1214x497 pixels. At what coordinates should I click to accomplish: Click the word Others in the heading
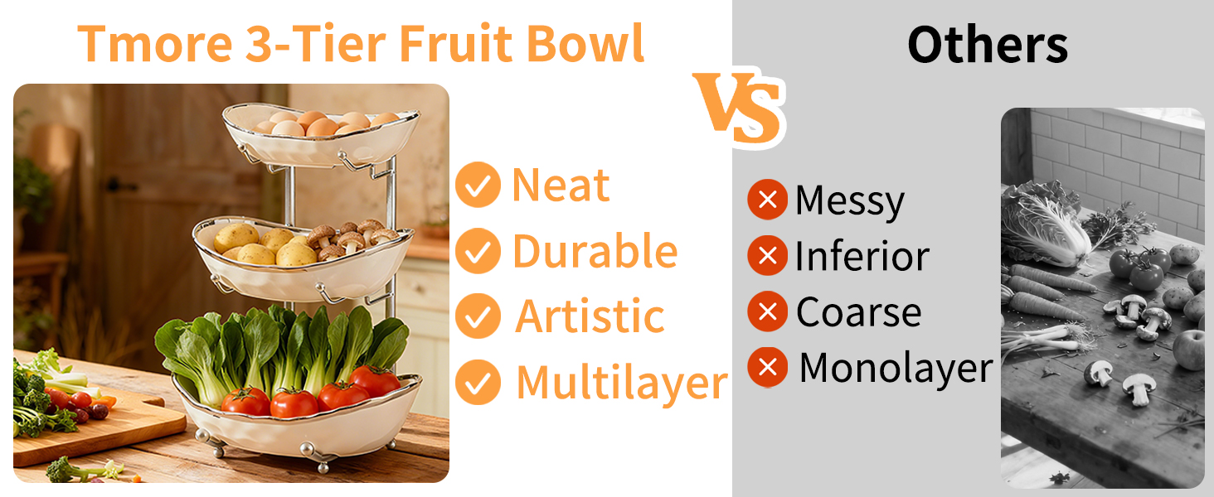(988, 45)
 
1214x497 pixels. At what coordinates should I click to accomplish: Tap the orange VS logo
(739, 109)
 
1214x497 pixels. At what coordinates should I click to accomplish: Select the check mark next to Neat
(478, 185)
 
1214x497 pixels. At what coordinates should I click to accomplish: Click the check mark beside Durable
(478, 251)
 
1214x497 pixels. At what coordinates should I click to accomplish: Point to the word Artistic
(590, 316)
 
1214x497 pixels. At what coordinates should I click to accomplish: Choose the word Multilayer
(622, 383)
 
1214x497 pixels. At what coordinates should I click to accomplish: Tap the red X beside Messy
(767, 200)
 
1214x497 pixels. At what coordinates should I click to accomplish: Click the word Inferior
(862, 256)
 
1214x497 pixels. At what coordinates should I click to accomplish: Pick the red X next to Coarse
(767, 311)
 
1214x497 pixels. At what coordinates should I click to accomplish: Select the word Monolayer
(896, 368)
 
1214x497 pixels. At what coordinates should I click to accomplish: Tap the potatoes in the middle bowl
(263, 246)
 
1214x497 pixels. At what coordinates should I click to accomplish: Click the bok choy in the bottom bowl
(282, 351)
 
